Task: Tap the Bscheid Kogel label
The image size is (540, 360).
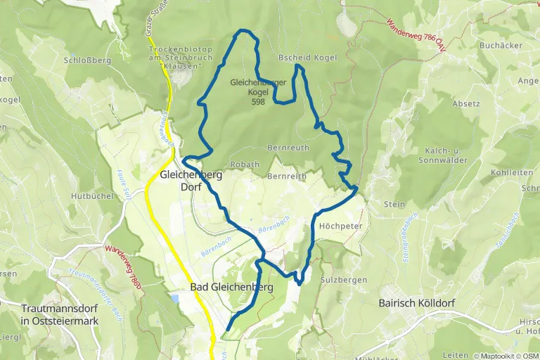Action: click(307, 58)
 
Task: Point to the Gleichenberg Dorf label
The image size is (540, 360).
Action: click(191, 181)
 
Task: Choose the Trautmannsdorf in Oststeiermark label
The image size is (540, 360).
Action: click(60, 314)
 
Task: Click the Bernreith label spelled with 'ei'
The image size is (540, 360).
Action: click(288, 176)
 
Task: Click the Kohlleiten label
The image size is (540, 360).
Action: click(510, 172)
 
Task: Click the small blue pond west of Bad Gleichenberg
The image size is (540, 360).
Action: click(174, 299)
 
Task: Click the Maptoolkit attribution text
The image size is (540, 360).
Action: click(496, 355)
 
